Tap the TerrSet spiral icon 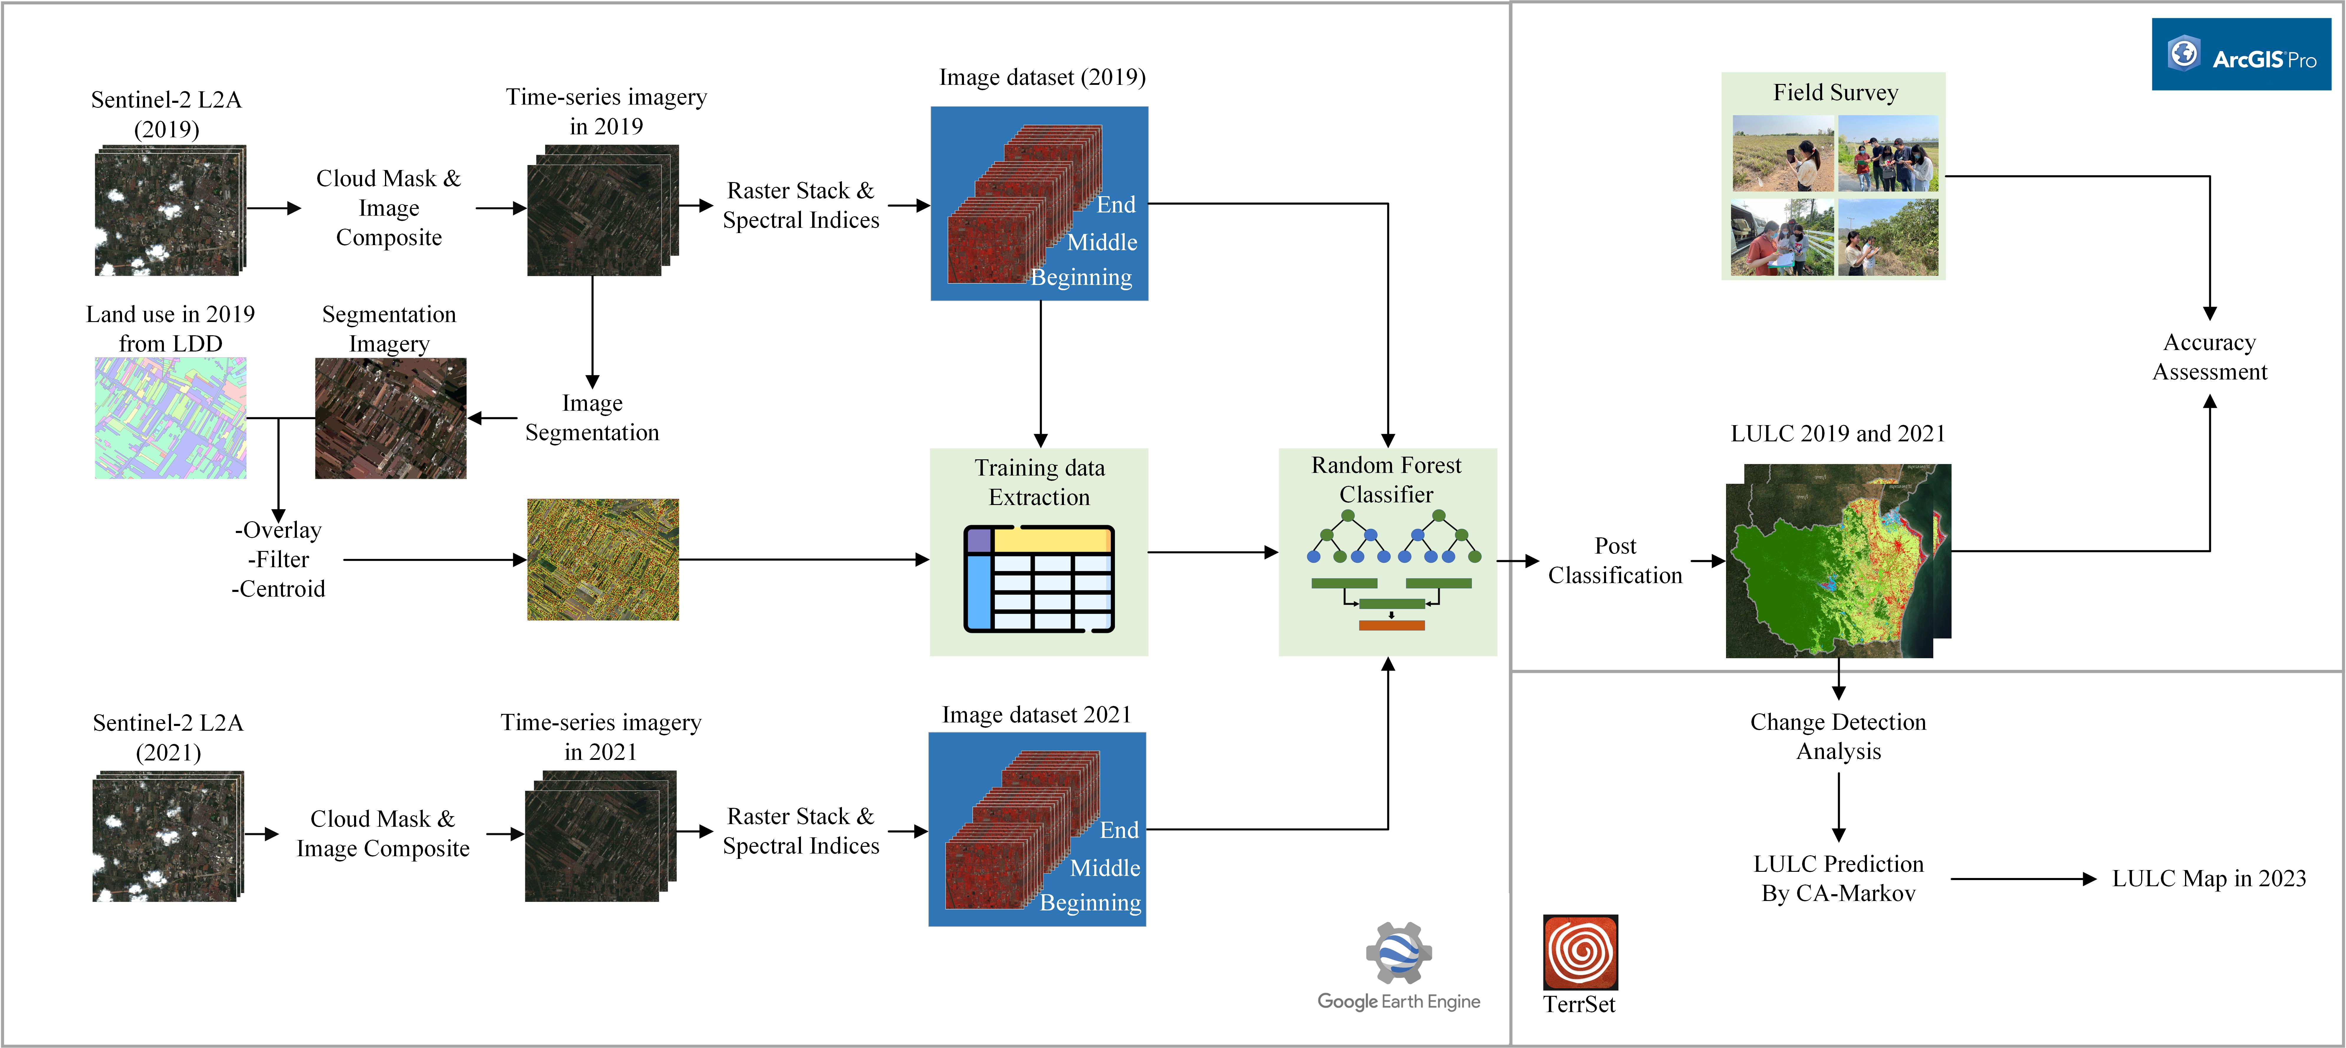coord(1580,951)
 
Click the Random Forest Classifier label coord(1386,480)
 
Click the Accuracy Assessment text coord(2210,357)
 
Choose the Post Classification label coord(1615,560)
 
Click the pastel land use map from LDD coord(170,418)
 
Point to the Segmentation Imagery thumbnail coord(391,418)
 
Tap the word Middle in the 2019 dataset coord(1102,242)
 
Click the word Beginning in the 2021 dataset coord(1090,902)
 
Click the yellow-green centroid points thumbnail coord(603,559)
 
